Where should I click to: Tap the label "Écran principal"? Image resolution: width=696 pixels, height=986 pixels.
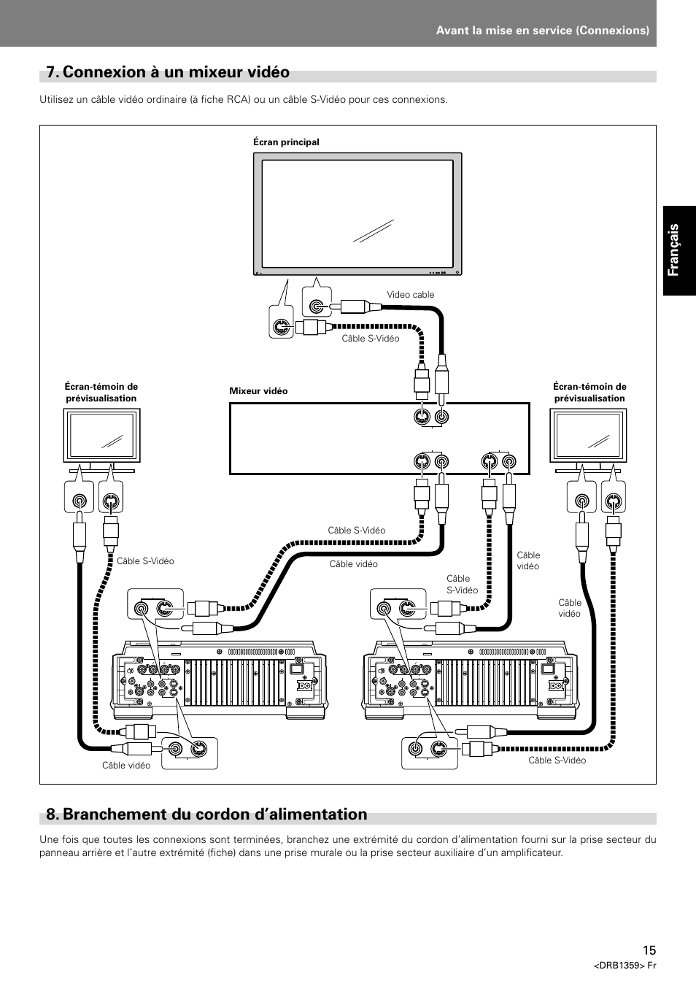286,142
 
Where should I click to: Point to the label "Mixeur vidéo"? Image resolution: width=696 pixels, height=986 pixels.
258,391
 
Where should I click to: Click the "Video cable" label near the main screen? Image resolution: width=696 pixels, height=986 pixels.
410,295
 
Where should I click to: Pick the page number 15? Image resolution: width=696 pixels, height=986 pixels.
649,950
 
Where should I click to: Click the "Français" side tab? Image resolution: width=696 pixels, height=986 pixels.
678,249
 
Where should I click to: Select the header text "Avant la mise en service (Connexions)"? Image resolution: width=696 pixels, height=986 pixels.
542,31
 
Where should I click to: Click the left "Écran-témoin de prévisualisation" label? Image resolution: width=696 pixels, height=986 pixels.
101,393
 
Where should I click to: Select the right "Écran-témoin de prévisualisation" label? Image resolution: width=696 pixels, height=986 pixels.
589,393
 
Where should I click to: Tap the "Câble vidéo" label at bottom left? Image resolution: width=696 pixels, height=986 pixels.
126,766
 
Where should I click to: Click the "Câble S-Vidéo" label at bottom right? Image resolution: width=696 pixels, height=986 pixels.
557,760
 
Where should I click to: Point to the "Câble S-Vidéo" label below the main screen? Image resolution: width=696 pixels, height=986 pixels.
371,339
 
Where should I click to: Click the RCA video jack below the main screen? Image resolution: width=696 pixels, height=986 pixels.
316,308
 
